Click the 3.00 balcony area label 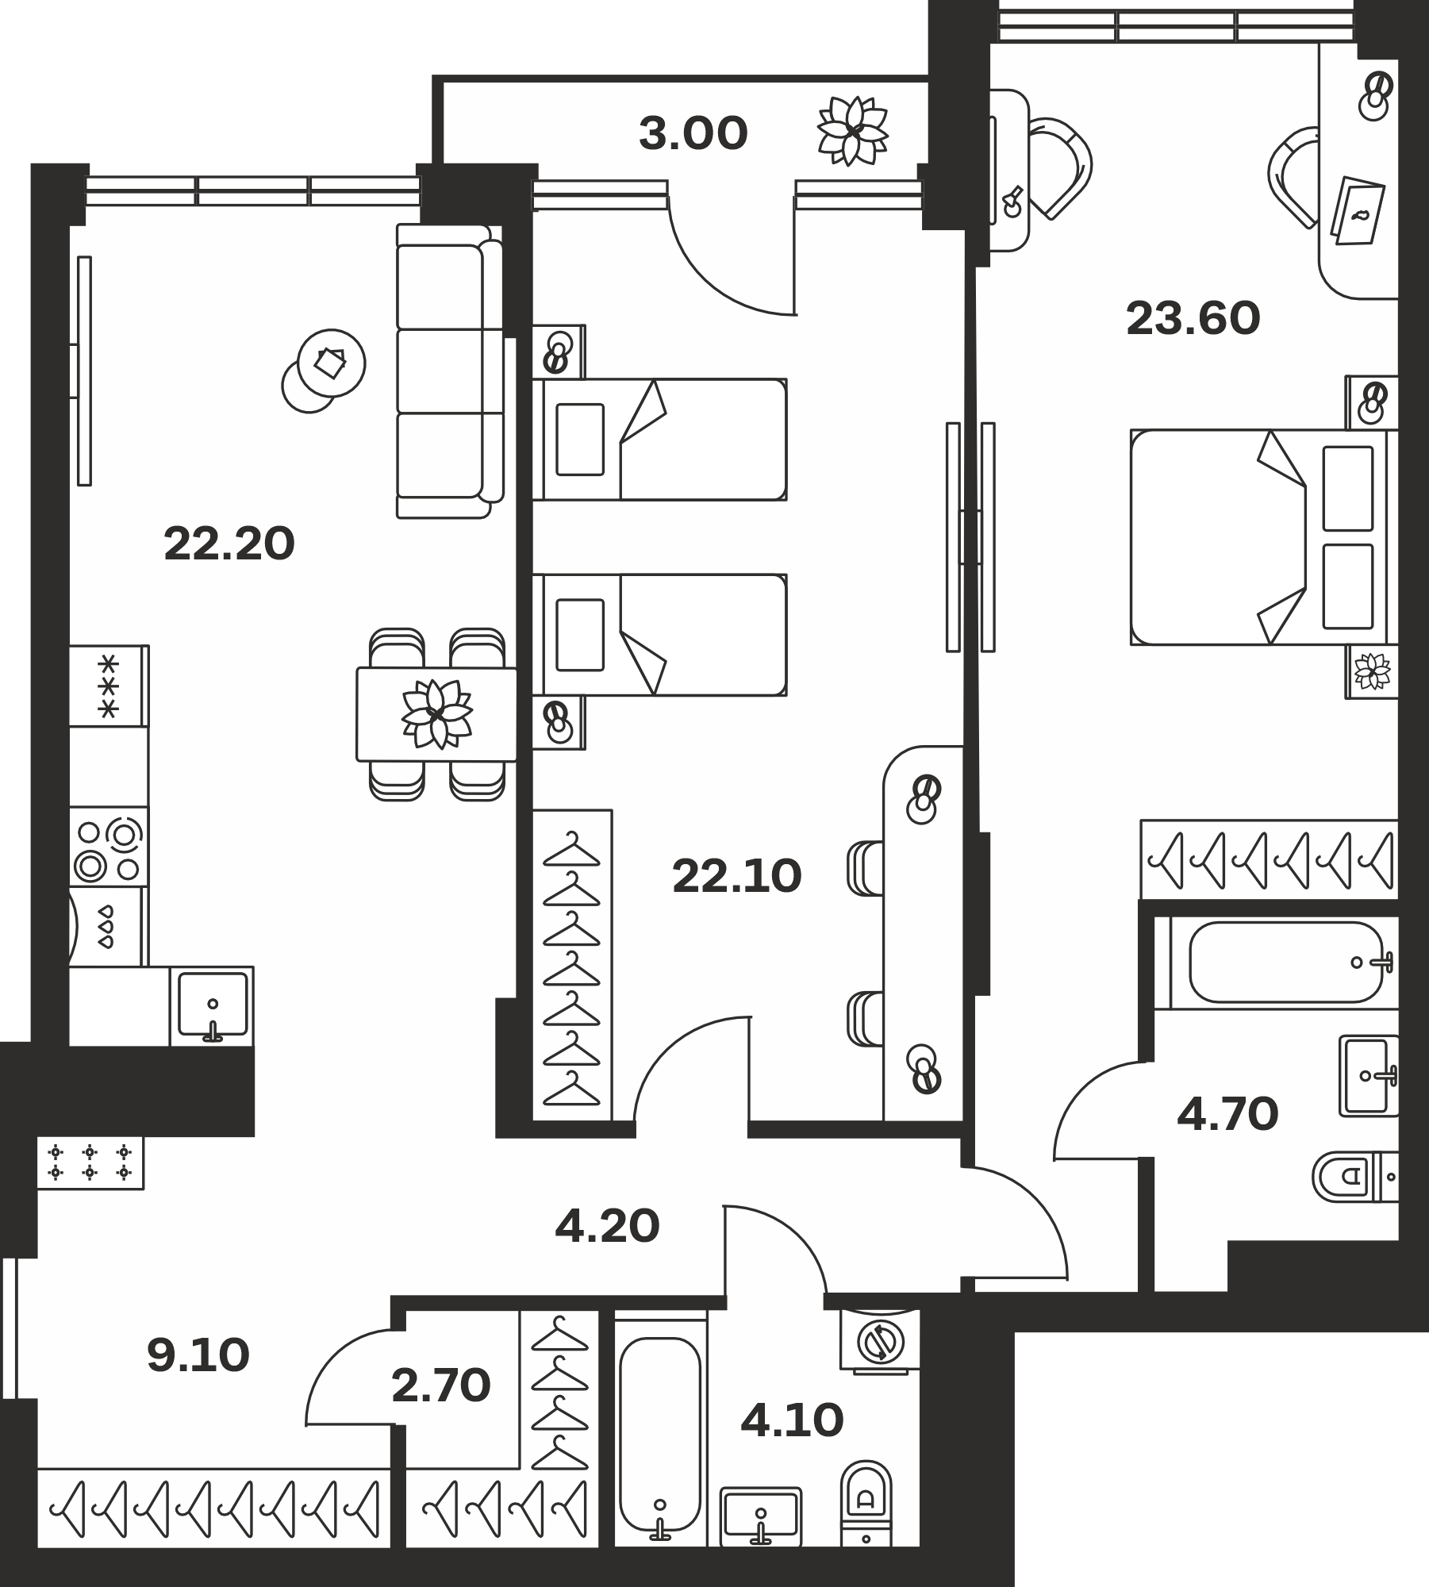[693, 134]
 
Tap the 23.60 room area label [1193, 320]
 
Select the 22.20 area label [229, 544]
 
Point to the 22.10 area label [737, 877]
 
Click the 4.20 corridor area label [607, 1227]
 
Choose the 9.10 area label [198, 1355]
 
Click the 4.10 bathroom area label [792, 1420]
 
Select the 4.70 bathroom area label [1227, 1114]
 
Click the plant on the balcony [853, 130]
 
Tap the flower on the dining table [437, 713]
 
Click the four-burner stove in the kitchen [109, 847]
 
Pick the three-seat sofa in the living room [450, 371]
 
